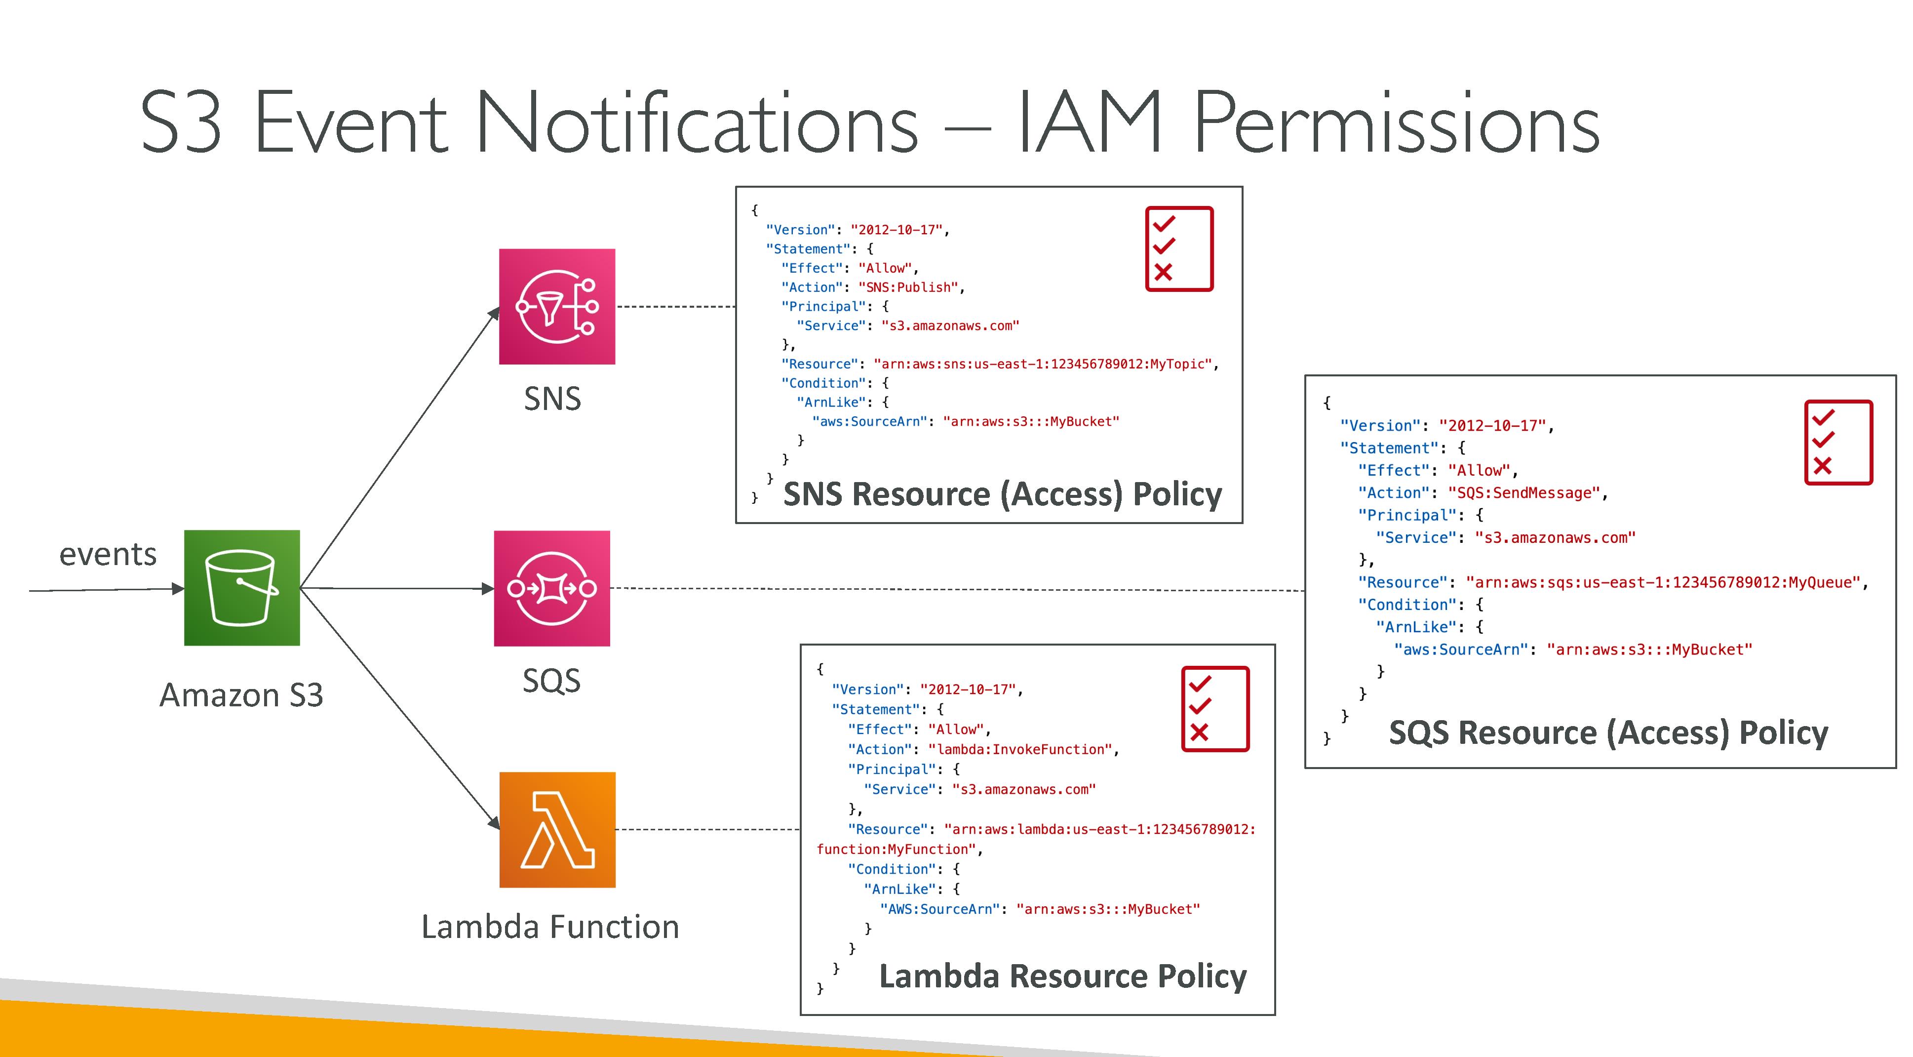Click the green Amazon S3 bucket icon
pos(242,588)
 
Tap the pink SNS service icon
pos(557,306)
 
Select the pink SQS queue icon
pos(552,588)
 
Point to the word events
pos(109,554)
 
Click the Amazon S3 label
pos(241,695)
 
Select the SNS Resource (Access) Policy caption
pos(1003,495)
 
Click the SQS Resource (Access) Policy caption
pos(1608,733)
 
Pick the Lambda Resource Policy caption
pos(1063,976)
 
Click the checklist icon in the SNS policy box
pos(1179,249)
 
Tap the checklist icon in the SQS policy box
pos(1839,443)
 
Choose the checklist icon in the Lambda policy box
pos(1215,709)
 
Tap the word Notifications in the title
pos(697,122)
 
